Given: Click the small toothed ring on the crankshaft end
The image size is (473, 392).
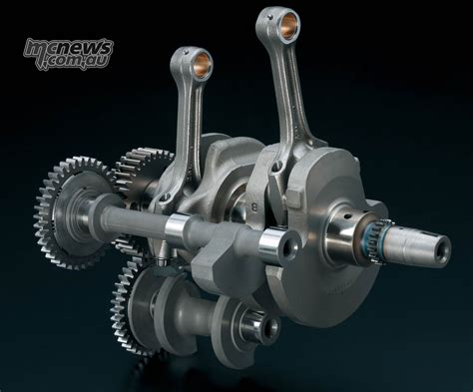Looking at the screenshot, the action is click(x=378, y=240).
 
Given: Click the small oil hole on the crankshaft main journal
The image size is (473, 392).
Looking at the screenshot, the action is click(x=347, y=216).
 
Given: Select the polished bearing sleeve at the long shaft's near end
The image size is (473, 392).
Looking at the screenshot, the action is click(x=272, y=245).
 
